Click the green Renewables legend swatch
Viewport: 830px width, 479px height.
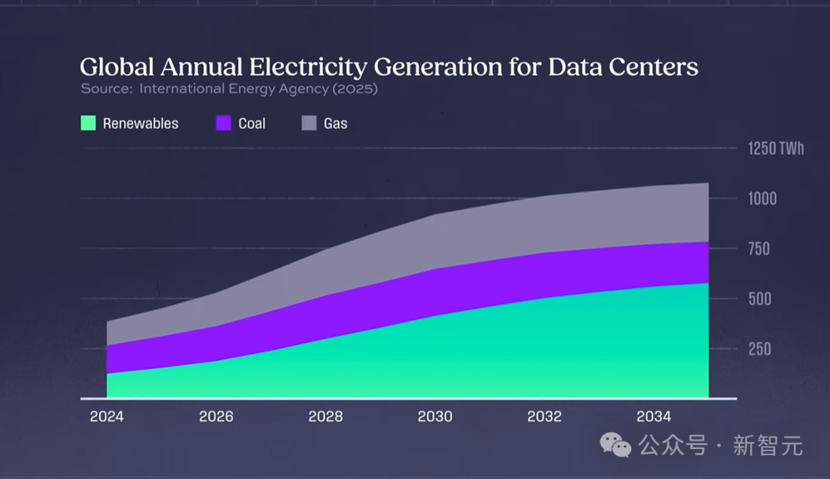[x=88, y=123]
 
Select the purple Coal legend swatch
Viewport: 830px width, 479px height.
[x=224, y=123]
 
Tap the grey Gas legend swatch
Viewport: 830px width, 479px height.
[x=307, y=123]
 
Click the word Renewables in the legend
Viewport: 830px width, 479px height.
[x=141, y=123]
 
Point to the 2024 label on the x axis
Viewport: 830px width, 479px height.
[x=106, y=417]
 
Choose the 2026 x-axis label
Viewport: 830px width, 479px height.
[x=216, y=417]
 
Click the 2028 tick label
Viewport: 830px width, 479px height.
[x=325, y=417]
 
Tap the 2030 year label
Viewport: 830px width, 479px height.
[x=435, y=417]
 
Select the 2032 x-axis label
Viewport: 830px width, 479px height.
[x=544, y=417]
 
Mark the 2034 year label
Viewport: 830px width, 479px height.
[x=654, y=417]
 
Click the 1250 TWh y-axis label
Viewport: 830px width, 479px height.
[x=776, y=148]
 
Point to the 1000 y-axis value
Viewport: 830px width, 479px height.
[x=763, y=198]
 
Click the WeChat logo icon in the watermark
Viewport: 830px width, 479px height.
[x=616, y=444]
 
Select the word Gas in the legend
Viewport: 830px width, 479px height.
[x=336, y=123]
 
